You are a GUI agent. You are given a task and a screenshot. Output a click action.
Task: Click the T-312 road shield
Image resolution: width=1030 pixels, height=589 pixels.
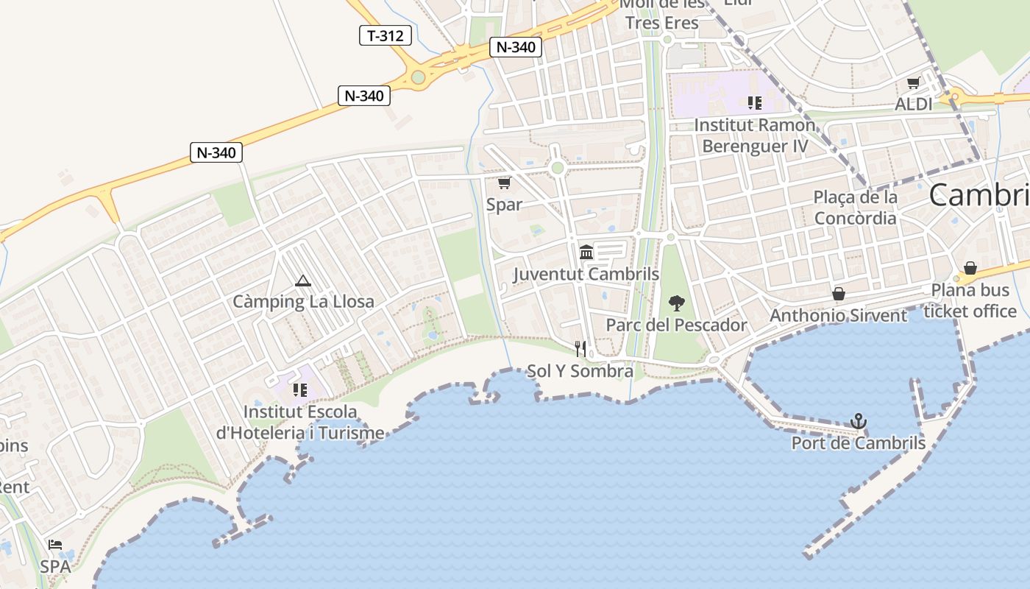point(385,35)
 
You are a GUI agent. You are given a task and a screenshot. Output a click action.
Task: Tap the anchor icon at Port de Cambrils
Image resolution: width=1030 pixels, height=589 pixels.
point(858,422)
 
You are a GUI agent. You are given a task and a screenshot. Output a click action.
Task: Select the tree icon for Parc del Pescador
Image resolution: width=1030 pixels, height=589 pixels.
point(676,303)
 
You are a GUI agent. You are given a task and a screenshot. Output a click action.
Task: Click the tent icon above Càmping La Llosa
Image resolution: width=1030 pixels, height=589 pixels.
point(302,281)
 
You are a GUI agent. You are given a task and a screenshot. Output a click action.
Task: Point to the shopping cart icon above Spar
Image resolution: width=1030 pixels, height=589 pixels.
point(504,183)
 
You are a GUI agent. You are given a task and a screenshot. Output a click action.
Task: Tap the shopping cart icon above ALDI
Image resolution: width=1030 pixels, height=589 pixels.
point(913,82)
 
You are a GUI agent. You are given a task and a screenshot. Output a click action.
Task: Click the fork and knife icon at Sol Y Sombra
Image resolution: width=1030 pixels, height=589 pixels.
point(580,348)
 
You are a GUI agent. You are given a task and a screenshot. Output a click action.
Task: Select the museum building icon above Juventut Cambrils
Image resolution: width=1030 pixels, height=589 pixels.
point(586,253)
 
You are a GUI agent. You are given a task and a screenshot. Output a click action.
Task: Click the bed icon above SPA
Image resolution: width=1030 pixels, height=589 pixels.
point(55,546)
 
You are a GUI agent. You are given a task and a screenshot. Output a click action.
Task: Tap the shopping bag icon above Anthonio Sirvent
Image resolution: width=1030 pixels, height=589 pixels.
point(838,294)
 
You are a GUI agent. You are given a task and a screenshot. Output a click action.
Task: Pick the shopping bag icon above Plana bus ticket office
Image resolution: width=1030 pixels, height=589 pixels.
point(970,268)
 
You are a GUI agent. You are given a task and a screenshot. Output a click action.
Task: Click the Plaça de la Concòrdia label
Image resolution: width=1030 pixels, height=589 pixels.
point(855,208)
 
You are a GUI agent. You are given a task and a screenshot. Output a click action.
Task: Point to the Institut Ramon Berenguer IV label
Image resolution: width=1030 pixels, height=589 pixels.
point(755,135)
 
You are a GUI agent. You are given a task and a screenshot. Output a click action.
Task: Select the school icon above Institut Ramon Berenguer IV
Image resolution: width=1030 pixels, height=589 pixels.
point(754,102)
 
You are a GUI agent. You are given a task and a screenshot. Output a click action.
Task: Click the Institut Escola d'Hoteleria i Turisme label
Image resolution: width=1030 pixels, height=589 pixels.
point(300,422)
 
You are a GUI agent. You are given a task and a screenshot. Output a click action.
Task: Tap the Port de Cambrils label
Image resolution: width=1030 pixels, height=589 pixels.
point(858,443)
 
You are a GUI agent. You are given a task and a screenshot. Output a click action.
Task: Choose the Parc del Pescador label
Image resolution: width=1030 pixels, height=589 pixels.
point(676,325)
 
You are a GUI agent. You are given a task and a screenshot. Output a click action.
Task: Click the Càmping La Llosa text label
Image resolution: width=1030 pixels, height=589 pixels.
point(303,301)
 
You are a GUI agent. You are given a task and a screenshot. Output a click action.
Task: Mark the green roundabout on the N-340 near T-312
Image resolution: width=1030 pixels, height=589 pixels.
point(418,77)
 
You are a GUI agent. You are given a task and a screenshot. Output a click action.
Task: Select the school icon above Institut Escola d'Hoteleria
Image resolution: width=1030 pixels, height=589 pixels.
point(299,389)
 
